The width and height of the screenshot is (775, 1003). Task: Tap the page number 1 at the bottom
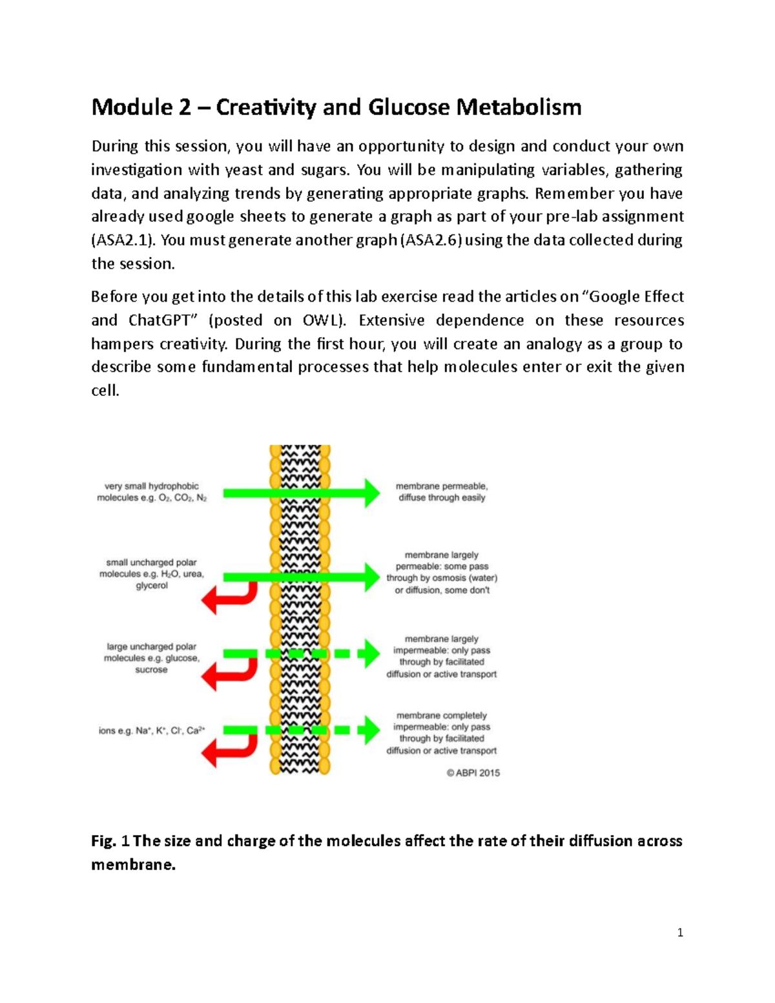point(680,933)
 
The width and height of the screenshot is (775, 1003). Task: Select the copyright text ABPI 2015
point(473,773)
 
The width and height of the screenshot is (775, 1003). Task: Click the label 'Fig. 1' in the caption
point(110,841)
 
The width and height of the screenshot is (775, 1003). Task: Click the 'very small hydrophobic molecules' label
point(152,492)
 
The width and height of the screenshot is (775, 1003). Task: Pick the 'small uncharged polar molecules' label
point(152,574)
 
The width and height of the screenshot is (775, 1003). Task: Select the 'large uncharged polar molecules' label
point(152,658)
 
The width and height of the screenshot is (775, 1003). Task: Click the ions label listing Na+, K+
point(152,731)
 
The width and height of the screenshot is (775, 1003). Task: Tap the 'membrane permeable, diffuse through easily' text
point(442,492)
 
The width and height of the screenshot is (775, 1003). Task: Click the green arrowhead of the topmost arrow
point(371,493)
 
